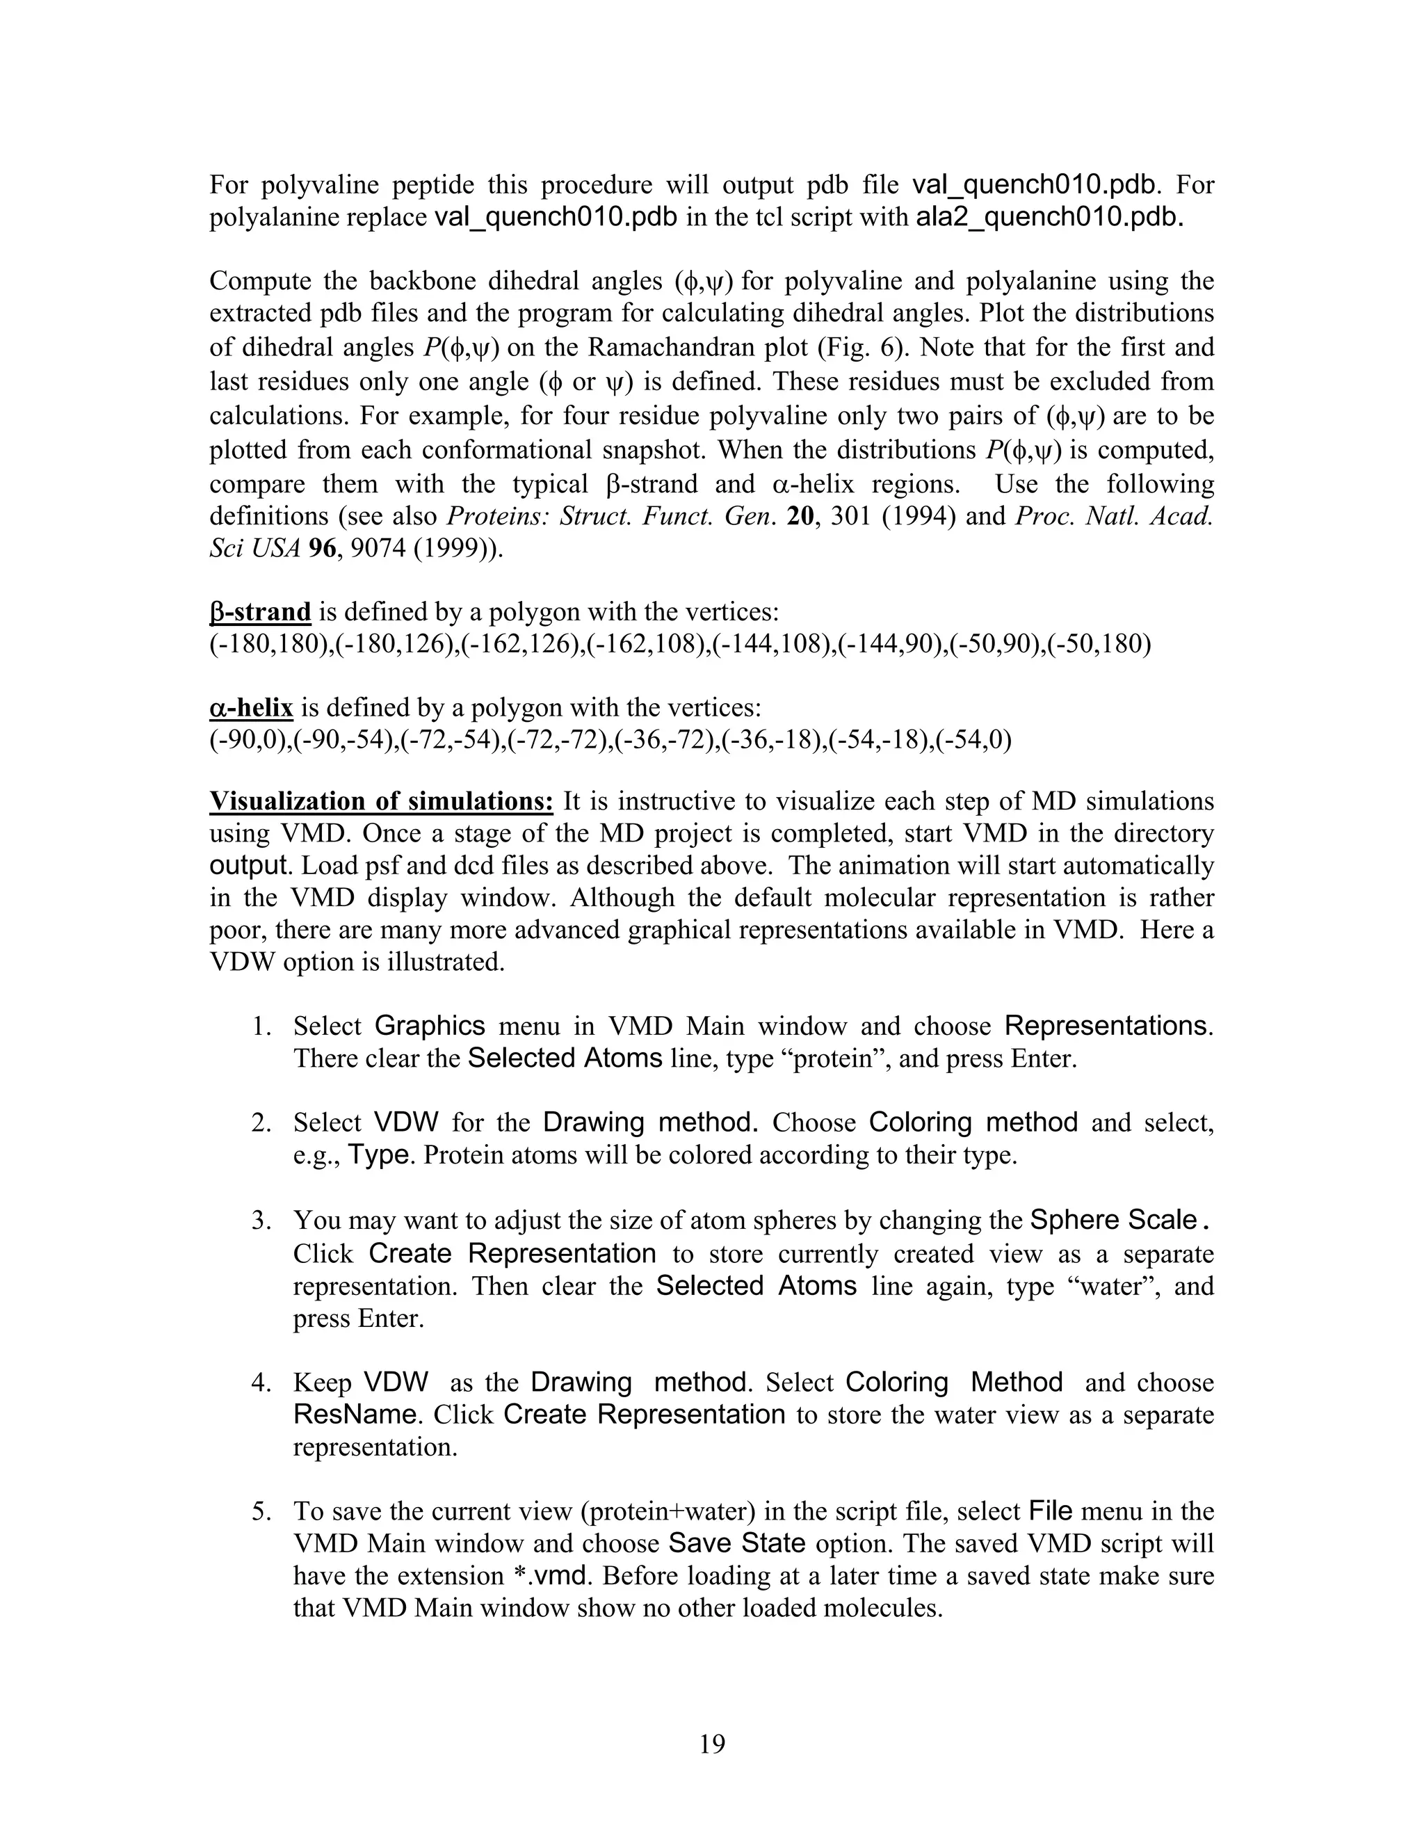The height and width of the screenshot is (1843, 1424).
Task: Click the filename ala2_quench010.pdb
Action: point(1049,218)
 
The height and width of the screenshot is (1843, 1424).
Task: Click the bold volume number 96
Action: point(322,549)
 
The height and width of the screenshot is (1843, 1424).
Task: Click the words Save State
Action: point(736,1543)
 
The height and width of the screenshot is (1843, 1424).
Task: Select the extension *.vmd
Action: point(549,1575)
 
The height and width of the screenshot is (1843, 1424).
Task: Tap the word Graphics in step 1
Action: point(430,1026)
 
